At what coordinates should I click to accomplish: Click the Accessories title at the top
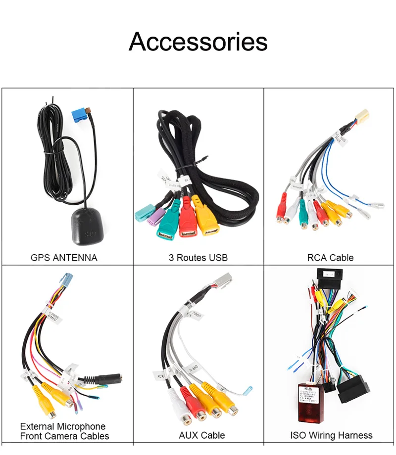click(198, 42)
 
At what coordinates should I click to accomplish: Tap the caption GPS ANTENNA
click(64, 258)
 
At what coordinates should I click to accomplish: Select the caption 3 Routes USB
click(198, 258)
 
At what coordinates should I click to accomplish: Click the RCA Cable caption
click(330, 258)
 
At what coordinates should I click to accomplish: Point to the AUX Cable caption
click(201, 436)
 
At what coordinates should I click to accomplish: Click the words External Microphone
click(63, 426)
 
